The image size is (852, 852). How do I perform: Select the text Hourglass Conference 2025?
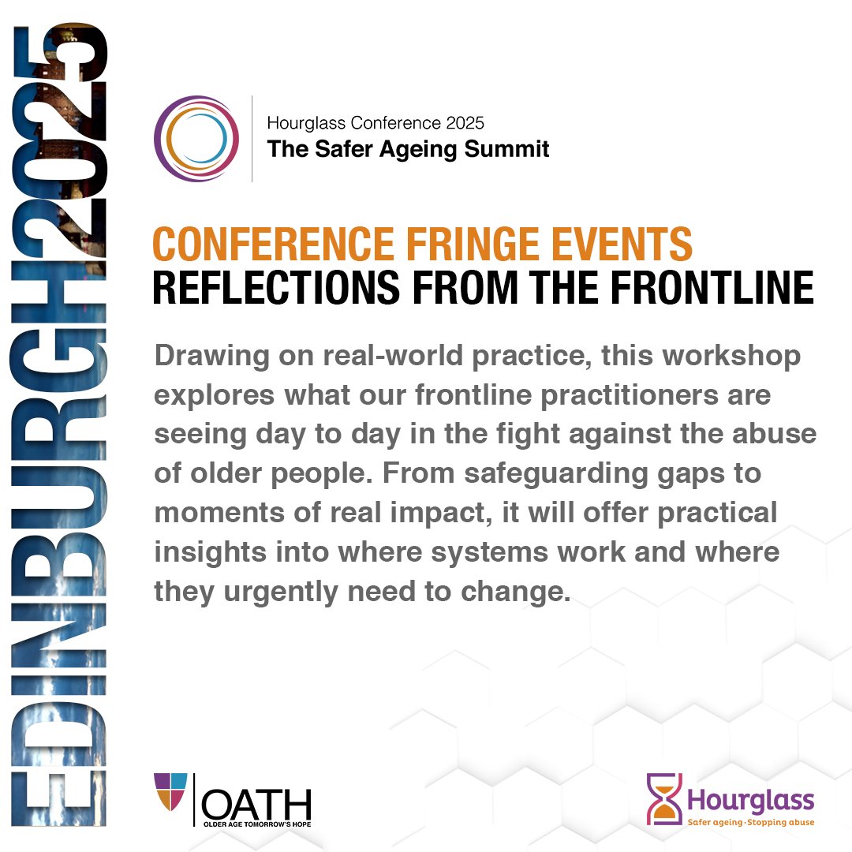376,123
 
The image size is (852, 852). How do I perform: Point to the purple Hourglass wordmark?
749,800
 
